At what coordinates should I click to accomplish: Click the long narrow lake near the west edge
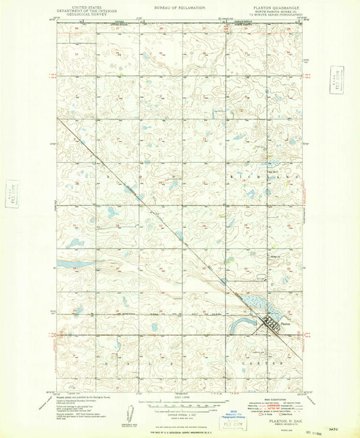coord(76,263)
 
